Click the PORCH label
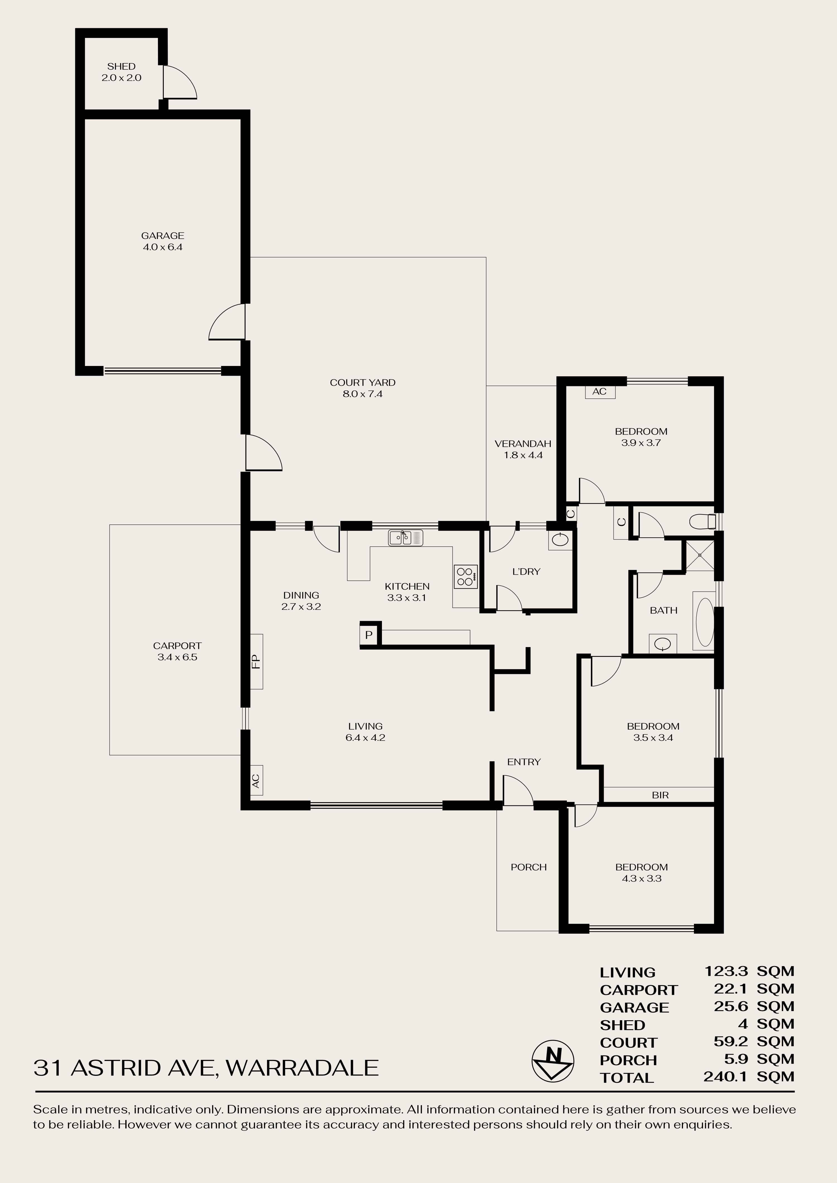pos(528,867)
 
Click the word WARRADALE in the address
pos(302,1067)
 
